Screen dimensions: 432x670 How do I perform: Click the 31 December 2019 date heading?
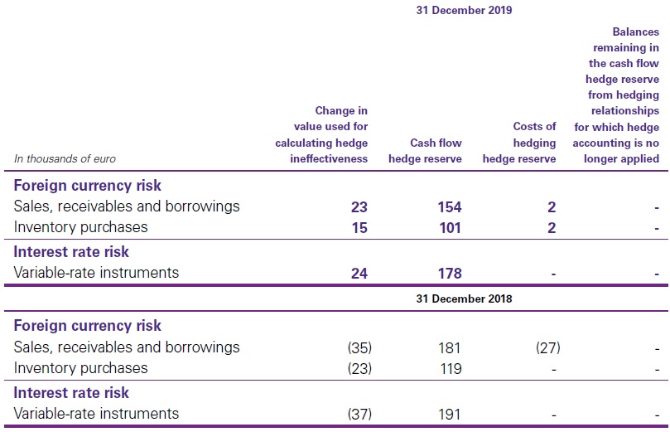click(x=464, y=11)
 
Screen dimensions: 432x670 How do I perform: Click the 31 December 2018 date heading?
click(x=464, y=299)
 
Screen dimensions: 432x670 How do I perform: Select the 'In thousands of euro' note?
click(x=65, y=158)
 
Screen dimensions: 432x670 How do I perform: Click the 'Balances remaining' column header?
click(x=622, y=95)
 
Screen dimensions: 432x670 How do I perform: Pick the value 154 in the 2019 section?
click(x=448, y=206)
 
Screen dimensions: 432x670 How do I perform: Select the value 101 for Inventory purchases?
click(x=448, y=227)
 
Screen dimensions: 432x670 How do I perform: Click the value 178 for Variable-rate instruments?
click(x=448, y=273)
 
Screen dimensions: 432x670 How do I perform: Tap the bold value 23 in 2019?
click(x=358, y=206)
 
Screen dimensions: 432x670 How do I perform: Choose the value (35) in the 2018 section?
click(x=354, y=347)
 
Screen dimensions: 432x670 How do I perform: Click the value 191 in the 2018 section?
click(x=448, y=414)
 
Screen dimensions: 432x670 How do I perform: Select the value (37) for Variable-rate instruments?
click(x=354, y=414)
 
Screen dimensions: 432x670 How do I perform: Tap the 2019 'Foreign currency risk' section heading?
click(x=87, y=185)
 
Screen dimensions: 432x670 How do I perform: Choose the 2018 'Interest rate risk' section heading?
click(x=71, y=392)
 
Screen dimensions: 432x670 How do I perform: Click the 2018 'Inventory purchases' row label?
click(x=80, y=368)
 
